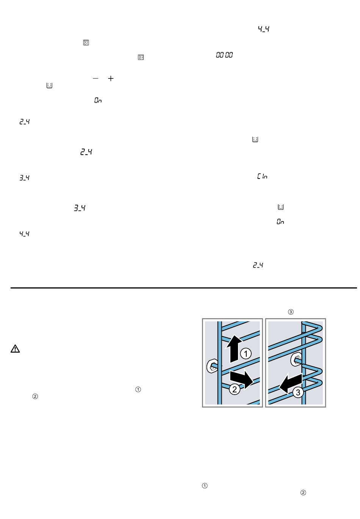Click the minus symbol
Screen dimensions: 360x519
tap(95, 78)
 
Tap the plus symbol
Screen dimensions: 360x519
tap(111, 78)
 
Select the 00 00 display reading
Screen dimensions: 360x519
tap(224, 55)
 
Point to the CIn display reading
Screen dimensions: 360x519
tap(262, 176)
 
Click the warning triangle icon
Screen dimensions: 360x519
tap(15, 348)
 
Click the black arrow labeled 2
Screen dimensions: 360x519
tap(242, 378)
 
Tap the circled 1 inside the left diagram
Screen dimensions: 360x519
tap(246, 354)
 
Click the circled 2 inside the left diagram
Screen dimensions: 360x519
tap(235, 389)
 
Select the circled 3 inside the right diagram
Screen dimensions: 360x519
tap(298, 392)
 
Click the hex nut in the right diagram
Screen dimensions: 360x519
tap(296, 360)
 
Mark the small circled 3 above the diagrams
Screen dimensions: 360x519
tap(291, 312)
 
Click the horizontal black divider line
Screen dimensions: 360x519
tap(184, 288)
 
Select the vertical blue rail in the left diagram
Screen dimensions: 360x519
tap(220, 363)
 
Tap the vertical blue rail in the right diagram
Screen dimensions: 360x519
tap(304, 363)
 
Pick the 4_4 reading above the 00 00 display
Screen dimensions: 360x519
tap(264, 29)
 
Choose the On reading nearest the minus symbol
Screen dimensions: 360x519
tap(98, 100)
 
